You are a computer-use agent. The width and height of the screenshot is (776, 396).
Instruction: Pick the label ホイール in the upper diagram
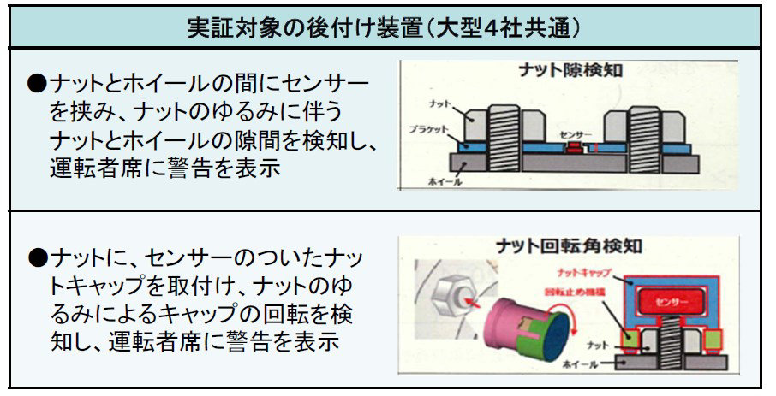point(443,181)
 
